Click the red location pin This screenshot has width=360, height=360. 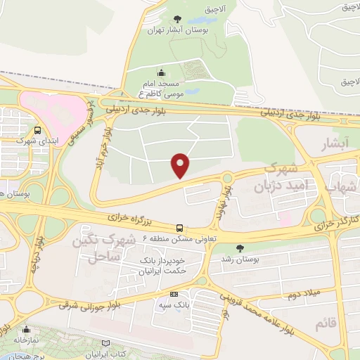coord(181,165)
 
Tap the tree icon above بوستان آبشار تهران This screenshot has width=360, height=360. coord(175,19)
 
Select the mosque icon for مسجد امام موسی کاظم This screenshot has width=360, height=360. coord(162,72)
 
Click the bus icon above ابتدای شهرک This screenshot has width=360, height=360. coord(37,130)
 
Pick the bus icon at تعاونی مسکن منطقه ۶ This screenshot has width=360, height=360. coord(181,228)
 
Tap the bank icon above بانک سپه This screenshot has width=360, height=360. coord(174,294)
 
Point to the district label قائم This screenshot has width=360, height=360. coord(322,323)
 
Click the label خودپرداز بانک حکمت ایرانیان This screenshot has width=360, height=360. coord(157,266)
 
